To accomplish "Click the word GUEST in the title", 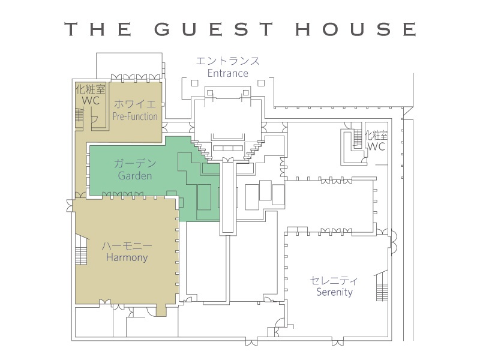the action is pyautogui.click(x=214, y=29).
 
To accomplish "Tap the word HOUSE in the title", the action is pyautogui.click(x=356, y=29).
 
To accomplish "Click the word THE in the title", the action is pyautogui.click(x=98, y=29).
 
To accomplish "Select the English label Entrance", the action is pyautogui.click(x=228, y=73).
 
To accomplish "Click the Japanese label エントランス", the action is pyautogui.click(x=228, y=61).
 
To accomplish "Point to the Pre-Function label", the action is pyautogui.click(x=135, y=116).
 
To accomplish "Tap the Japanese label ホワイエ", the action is pyautogui.click(x=135, y=104).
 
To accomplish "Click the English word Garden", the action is pyautogui.click(x=135, y=176).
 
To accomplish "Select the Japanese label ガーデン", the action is pyautogui.click(x=135, y=163).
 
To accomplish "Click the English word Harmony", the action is pyautogui.click(x=127, y=257).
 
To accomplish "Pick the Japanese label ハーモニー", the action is pyautogui.click(x=127, y=245).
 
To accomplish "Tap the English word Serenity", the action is pyautogui.click(x=334, y=292).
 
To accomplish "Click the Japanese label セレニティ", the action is pyautogui.click(x=334, y=280).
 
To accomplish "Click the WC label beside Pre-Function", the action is pyautogui.click(x=91, y=100).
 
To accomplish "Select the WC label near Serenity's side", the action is pyautogui.click(x=376, y=146).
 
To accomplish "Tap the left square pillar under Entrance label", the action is pyautogui.click(x=194, y=83).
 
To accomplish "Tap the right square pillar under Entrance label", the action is pyautogui.click(x=261, y=83).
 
